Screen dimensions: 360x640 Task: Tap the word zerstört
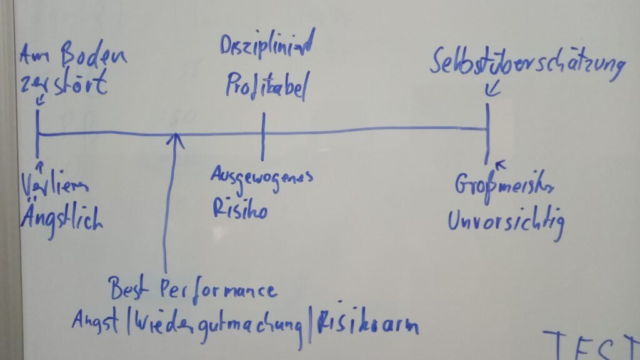pos(62,84)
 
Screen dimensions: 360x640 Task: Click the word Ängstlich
pos(61,219)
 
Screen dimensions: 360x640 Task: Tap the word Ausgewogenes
pos(261,177)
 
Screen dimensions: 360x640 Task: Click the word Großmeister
pos(503,186)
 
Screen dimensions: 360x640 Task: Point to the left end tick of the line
pos(38,132)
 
